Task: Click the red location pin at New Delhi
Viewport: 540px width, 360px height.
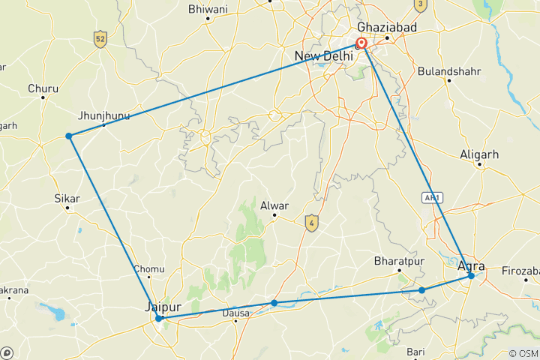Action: tap(361, 43)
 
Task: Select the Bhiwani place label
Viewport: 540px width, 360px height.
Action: tap(207, 10)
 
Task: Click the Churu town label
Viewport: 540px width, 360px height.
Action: tap(43, 88)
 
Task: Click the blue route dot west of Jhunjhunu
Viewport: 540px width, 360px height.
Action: tap(68, 136)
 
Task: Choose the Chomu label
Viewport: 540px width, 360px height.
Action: tap(147, 268)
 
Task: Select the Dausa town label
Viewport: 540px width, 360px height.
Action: tap(235, 313)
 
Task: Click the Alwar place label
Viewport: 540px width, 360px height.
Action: tap(274, 205)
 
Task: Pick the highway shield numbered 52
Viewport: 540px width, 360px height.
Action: tap(99, 38)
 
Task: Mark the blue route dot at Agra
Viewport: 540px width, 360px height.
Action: tap(471, 276)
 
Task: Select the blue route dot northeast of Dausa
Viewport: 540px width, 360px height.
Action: tap(274, 303)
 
